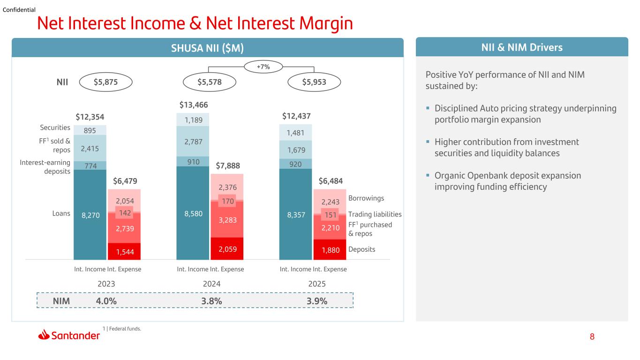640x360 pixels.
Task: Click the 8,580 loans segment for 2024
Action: (x=193, y=213)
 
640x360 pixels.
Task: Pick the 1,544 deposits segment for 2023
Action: (x=124, y=251)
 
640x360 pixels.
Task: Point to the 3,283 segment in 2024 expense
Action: (x=227, y=219)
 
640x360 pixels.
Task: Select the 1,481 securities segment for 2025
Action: (x=295, y=133)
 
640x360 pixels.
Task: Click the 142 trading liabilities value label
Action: (x=125, y=213)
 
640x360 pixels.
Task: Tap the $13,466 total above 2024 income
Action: (x=194, y=105)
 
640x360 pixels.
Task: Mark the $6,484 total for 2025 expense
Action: (x=331, y=181)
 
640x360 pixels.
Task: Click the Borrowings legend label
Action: (x=366, y=198)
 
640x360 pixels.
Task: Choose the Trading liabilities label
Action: (x=375, y=214)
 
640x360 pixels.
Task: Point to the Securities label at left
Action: (x=55, y=127)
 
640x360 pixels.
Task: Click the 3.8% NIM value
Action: (x=211, y=301)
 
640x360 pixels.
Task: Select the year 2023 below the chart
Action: (x=106, y=284)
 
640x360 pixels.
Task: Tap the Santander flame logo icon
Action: (x=44, y=335)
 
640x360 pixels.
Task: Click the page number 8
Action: (x=592, y=337)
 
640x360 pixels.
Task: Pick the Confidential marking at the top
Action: (x=19, y=10)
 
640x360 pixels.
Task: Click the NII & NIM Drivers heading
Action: (x=522, y=47)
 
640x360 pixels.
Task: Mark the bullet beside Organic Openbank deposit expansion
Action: (x=428, y=175)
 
